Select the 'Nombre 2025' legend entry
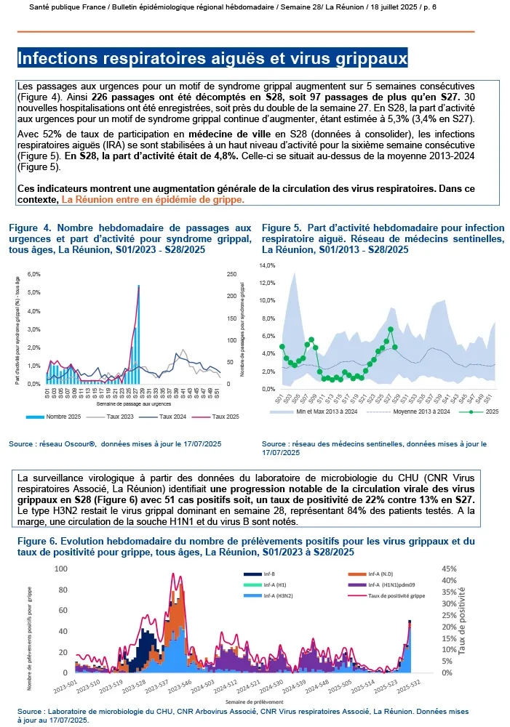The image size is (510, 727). (x=62, y=417)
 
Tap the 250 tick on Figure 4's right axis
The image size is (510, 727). (x=232, y=274)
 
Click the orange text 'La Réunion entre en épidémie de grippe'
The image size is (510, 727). (x=153, y=198)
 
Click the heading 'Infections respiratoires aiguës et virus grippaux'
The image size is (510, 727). (x=212, y=57)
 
